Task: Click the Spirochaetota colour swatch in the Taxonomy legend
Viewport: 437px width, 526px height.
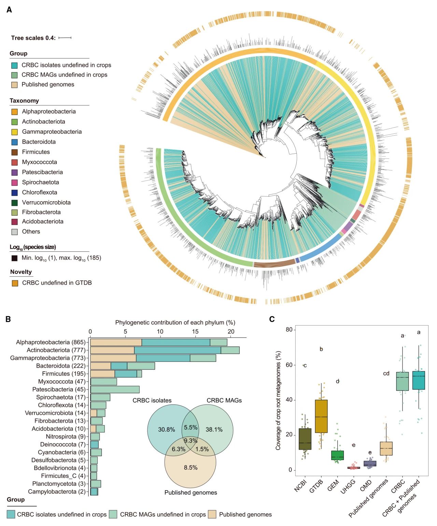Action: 14,182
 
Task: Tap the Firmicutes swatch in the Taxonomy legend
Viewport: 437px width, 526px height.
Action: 14,152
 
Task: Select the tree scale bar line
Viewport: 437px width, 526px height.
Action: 65,38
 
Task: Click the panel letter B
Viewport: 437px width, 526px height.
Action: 8,319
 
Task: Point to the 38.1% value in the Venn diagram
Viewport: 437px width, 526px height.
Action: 214,430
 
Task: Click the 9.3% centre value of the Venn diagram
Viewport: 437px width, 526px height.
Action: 191,441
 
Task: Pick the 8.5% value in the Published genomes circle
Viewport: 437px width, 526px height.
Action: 191,468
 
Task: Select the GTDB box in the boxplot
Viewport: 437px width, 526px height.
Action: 321,416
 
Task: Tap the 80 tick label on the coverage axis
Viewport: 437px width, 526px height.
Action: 289,330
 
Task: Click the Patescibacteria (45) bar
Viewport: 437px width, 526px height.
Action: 115,390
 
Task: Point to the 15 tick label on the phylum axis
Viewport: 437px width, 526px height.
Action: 195,332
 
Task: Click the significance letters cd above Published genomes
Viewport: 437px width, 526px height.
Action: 386,373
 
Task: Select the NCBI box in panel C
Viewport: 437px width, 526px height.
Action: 305,439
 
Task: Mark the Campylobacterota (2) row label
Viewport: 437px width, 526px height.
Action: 57,492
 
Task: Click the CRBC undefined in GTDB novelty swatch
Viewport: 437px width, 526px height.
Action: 15,283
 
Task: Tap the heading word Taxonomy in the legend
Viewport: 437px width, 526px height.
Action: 24,101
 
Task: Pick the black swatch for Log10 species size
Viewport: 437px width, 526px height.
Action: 14,258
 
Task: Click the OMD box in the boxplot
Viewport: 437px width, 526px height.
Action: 370,463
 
